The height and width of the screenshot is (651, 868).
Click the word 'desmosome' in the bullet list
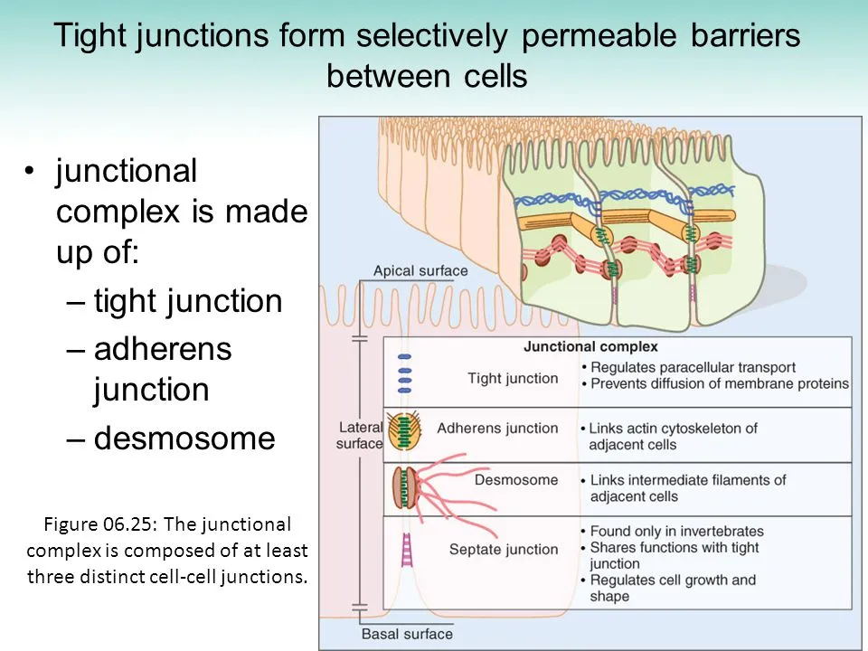[184, 438]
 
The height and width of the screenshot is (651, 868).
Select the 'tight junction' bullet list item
[188, 301]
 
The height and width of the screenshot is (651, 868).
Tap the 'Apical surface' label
[420, 270]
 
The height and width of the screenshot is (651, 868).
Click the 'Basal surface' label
[407, 634]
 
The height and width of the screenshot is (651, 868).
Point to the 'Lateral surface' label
[361, 435]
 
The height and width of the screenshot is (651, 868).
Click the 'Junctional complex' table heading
[590, 346]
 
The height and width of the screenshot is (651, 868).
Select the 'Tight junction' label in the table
[513, 378]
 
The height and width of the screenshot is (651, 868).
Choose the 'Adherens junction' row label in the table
[497, 428]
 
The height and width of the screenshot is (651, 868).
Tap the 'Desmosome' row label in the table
[516, 479]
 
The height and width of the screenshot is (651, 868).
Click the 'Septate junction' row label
[504, 549]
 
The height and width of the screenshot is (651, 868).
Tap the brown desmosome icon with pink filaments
[403, 486]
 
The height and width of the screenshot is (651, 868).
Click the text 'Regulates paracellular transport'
[692, 367]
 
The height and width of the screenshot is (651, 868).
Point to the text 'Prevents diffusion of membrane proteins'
[719, 383]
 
